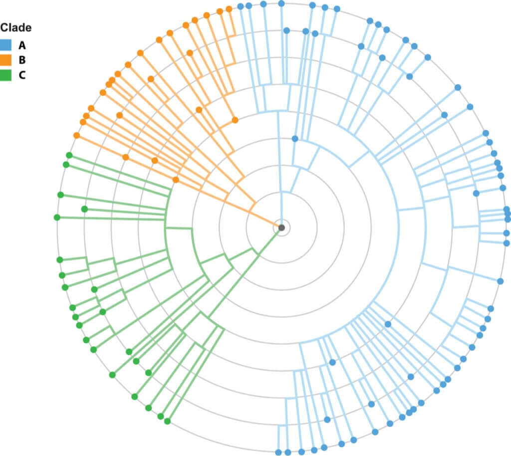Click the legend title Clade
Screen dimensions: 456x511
click(x=16, y=28)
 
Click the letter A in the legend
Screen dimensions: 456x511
click(x=22, y=45)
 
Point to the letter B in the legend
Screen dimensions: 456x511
click(x=22, y=60)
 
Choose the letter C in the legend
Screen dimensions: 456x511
click(x=22, y=75)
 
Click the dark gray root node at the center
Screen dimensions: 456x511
click(x=281, y=228)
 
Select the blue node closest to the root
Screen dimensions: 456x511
click(x=295, y=138)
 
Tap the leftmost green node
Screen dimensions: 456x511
click(x=57, y=217)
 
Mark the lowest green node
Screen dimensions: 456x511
click(x=167, y=421)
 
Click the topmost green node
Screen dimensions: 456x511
click(x=69, y=155)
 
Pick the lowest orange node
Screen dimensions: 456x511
click(x=176, y=180)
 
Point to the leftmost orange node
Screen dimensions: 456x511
click(x=76, y=135)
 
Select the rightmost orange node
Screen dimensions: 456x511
click(x=235, y=120)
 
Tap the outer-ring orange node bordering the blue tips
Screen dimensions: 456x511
click(x=229, y=8)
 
